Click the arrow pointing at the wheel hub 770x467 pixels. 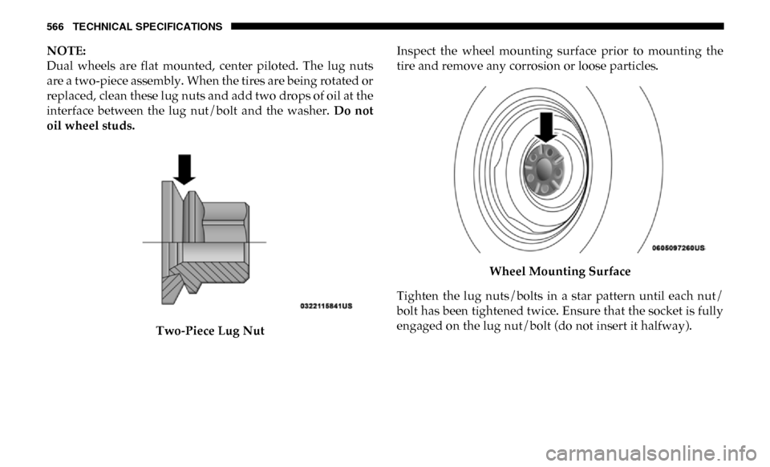547,126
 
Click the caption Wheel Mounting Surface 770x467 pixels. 560,271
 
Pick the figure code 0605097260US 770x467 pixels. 674,249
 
